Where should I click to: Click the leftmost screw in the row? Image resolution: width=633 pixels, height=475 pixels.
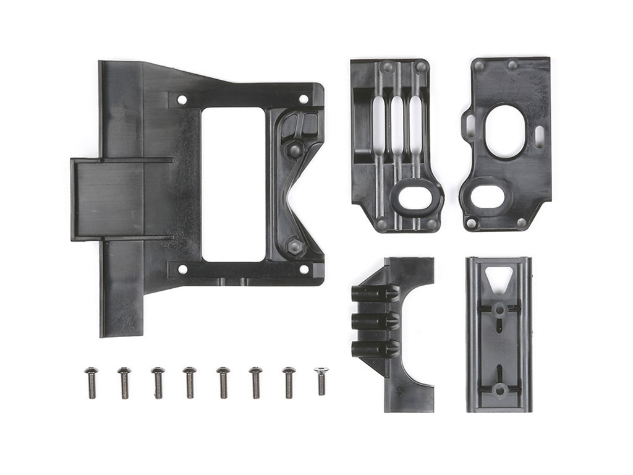click(x=91, y=382)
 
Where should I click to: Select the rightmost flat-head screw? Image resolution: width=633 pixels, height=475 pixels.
click(x=321, y=380)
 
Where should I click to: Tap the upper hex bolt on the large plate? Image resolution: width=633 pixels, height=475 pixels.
click(x=295, y=149)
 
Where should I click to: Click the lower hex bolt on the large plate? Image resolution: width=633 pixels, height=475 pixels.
click(x=295, y=246)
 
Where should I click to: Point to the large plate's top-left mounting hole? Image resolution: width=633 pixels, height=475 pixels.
click(x=182, y=99)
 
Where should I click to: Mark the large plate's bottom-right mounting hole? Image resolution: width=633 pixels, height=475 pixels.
click(x=304, y=269)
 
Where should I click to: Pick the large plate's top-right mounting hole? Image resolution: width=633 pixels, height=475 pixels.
click(x=304, y=99)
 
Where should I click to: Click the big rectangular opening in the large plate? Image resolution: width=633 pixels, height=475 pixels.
click(x=233, y=184)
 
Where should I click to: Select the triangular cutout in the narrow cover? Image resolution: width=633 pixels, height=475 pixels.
click(x=498, y=278)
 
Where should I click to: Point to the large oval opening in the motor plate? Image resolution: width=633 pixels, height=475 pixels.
click(x=505, y=131)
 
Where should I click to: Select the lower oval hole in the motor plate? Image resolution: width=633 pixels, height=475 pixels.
click(x=488, y=196)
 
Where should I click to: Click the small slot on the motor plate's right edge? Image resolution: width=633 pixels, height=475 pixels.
click(x=539, y=136)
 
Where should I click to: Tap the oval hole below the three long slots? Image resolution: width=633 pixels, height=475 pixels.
click(x=415, y=198)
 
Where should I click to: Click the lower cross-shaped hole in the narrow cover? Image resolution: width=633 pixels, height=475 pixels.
click(x=499, y=388)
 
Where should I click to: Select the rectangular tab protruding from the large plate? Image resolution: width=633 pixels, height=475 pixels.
click(x=108, y=199)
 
